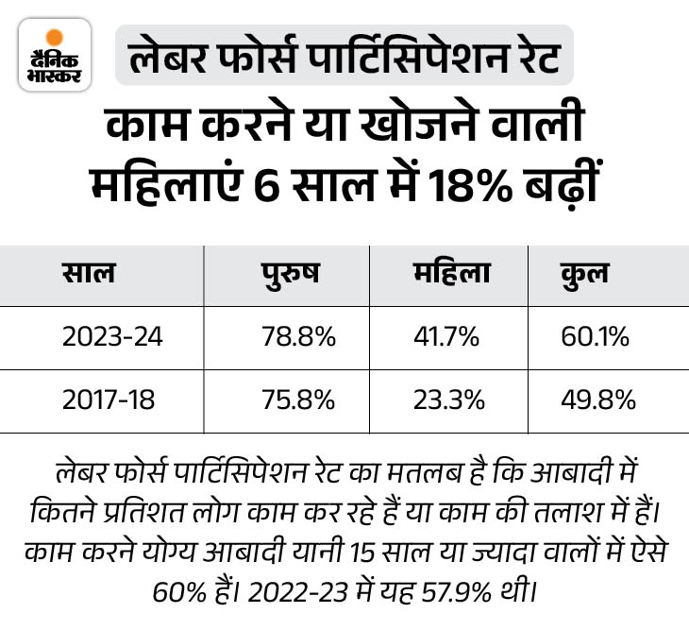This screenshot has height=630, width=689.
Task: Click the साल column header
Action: click(90, 274)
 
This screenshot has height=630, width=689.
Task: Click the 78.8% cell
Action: click(299, 337)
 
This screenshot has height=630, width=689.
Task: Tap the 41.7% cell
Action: click(445, 337)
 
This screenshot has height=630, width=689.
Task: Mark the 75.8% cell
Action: click(299, 400)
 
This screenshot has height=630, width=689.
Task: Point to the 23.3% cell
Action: click(448, 400)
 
